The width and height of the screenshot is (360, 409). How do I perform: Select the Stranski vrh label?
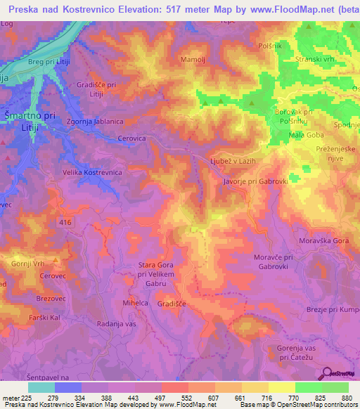[x=318, y=60]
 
